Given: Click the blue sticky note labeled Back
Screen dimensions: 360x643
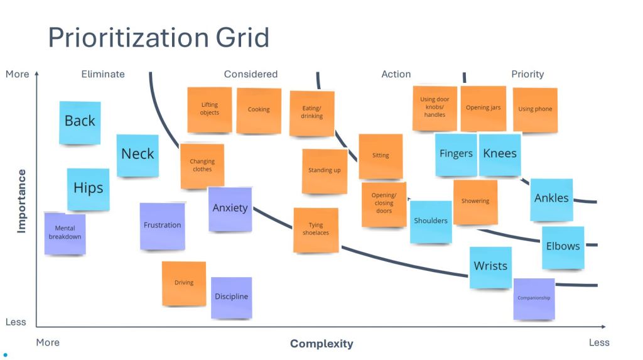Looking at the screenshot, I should coord(80,122).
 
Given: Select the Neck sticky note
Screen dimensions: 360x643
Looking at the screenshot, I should coord(138,155).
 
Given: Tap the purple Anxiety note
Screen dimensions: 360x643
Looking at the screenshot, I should coord(230,209).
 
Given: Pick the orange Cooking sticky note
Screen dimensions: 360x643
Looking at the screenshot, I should coord(259,110).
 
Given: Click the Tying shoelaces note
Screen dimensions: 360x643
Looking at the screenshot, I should coord(316,230).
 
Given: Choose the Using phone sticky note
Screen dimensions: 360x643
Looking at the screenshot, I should coord(535,109).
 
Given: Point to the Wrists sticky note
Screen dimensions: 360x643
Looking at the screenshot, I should coord(490,267).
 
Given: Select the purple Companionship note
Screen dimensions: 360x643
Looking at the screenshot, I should coord(534,298).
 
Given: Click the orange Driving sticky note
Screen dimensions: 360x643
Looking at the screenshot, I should coord(184,283).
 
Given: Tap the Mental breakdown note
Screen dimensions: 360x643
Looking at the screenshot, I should coord(65,233).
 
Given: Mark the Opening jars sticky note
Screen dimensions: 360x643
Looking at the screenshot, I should coord(483,108).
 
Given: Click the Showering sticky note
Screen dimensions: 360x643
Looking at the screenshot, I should coord(475,202).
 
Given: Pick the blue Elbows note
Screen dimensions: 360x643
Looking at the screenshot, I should coord(563,247).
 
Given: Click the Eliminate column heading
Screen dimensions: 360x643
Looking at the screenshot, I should coord(103,74).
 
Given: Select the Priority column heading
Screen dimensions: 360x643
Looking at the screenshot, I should coord(527,74).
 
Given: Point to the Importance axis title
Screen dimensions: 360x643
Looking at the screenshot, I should coord(22,201).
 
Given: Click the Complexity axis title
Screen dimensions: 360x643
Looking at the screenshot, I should coord(321,344).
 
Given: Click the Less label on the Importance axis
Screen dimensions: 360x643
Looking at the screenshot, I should coord(16,322).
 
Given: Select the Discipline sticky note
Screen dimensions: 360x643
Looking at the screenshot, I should coord(231,297).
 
